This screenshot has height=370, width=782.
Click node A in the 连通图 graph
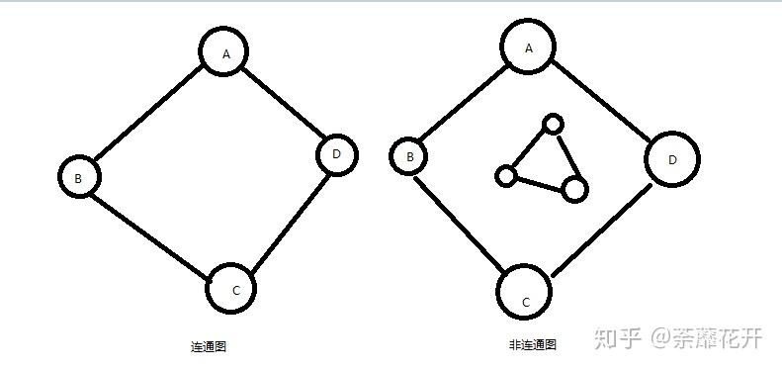225,52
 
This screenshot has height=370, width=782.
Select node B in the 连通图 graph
78,177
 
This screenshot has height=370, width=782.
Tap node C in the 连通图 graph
233,289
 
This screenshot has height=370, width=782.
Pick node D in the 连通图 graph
336,153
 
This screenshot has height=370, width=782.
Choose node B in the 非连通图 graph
410,155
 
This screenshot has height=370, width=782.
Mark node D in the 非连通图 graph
672,159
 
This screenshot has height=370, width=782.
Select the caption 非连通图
533,345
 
